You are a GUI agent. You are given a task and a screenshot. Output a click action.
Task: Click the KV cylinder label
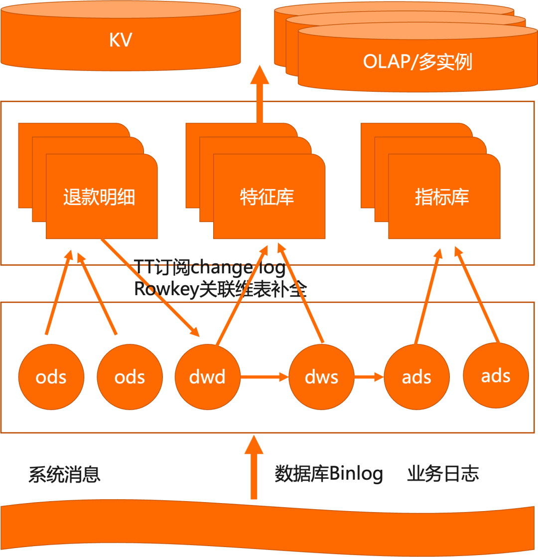tap(120, 40)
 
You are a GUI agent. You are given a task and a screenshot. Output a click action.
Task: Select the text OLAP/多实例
tap(417, 62)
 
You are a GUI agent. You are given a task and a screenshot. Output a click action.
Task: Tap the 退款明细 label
tap(99, 197)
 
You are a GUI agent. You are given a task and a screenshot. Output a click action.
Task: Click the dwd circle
tap(208, 376)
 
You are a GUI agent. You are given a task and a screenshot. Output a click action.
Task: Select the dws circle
tap(321, 376)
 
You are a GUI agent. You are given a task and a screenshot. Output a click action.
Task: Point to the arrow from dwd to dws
tap(265, 376)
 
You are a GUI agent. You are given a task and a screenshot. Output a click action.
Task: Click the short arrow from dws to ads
tap(369, 376)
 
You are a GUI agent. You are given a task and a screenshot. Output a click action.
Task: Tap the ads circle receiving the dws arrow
tap(416, 376)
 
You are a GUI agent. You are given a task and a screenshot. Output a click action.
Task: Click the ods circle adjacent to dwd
tap(130, 376)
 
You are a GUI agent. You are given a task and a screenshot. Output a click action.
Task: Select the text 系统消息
tap(65, 474)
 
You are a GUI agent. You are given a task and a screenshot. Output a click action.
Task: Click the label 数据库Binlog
tap(329, 474)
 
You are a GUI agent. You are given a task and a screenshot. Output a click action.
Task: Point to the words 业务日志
tap(443, 474)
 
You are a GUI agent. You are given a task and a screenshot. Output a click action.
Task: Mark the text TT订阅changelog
tap(210, 269)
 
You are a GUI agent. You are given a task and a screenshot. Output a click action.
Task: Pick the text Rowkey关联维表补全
tap(221, 290)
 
